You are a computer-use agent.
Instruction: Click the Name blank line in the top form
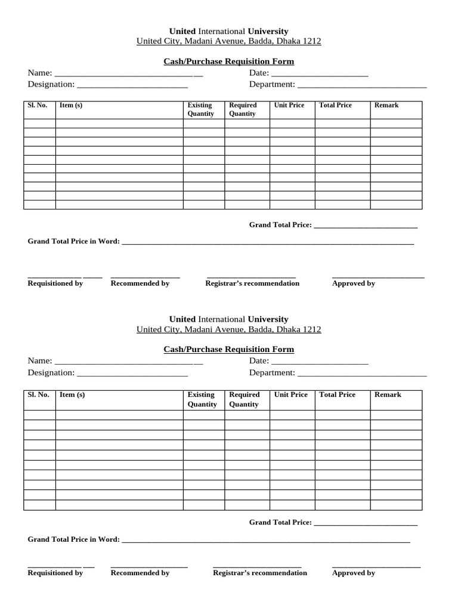click(x=128, y=75)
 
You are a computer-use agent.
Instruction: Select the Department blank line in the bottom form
click(x=362, y=375)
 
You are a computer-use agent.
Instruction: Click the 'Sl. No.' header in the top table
click(x=37, y=105)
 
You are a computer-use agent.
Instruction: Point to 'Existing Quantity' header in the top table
click(x=200, y=109)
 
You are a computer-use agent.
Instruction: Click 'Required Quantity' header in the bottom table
click(x=244, y=399)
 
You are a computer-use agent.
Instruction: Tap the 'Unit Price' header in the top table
click(x=289, y=105)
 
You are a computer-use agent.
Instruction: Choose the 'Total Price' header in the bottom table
click(x=337, y=394)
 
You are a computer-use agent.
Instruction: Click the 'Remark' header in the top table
click(x=386, y=105)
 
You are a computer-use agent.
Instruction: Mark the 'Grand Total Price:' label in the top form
click(x=280, y=225)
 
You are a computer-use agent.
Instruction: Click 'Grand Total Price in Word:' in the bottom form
click(x=74, y=539)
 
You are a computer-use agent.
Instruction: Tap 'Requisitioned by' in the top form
click(x=55, y=283)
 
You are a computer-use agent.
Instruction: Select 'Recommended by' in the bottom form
click(x=140, y=573)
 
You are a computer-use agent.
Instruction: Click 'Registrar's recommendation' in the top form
click(x=252, y=283)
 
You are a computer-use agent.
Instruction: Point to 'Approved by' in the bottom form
click(x=353, y=573)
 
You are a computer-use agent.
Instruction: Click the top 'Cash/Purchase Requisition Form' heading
click(x=228, y=61)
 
